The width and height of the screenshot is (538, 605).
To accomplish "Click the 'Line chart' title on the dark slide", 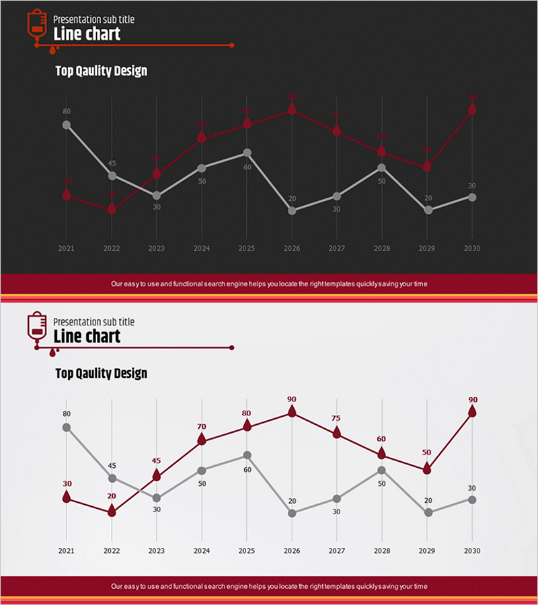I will tap(87, 34).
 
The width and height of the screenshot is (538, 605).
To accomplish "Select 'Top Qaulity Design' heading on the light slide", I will tap(101, 373).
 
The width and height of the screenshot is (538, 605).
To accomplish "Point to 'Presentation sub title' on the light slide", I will tap(93, 322).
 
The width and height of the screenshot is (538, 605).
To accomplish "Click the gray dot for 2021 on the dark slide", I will tap(66, 124).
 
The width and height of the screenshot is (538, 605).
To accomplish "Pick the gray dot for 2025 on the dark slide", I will tap(247, 153).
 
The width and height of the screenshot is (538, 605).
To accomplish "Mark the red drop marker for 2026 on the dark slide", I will tap(292, 109).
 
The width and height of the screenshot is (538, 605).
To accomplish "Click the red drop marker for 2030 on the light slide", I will tap(472, 411).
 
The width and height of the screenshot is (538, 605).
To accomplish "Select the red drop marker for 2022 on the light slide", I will tap(112, 511).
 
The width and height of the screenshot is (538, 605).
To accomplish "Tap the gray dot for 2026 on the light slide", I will tap(292, 513).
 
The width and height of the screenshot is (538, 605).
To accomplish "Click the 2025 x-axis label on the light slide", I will tap(247, 551).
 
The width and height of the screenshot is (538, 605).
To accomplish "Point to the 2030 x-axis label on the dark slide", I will tap(472, 248).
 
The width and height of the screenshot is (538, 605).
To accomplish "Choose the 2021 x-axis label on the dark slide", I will tap(66, 248).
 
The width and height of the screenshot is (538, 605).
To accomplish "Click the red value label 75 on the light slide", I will tap(336, 418).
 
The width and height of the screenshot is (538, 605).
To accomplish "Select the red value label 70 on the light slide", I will tap(202, 426).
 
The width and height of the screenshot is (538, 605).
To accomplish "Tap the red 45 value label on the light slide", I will tap(157, 460).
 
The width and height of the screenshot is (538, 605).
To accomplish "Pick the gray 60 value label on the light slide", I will tap(247, 469).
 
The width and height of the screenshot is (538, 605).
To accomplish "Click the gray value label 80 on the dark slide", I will tap(66, 112).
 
